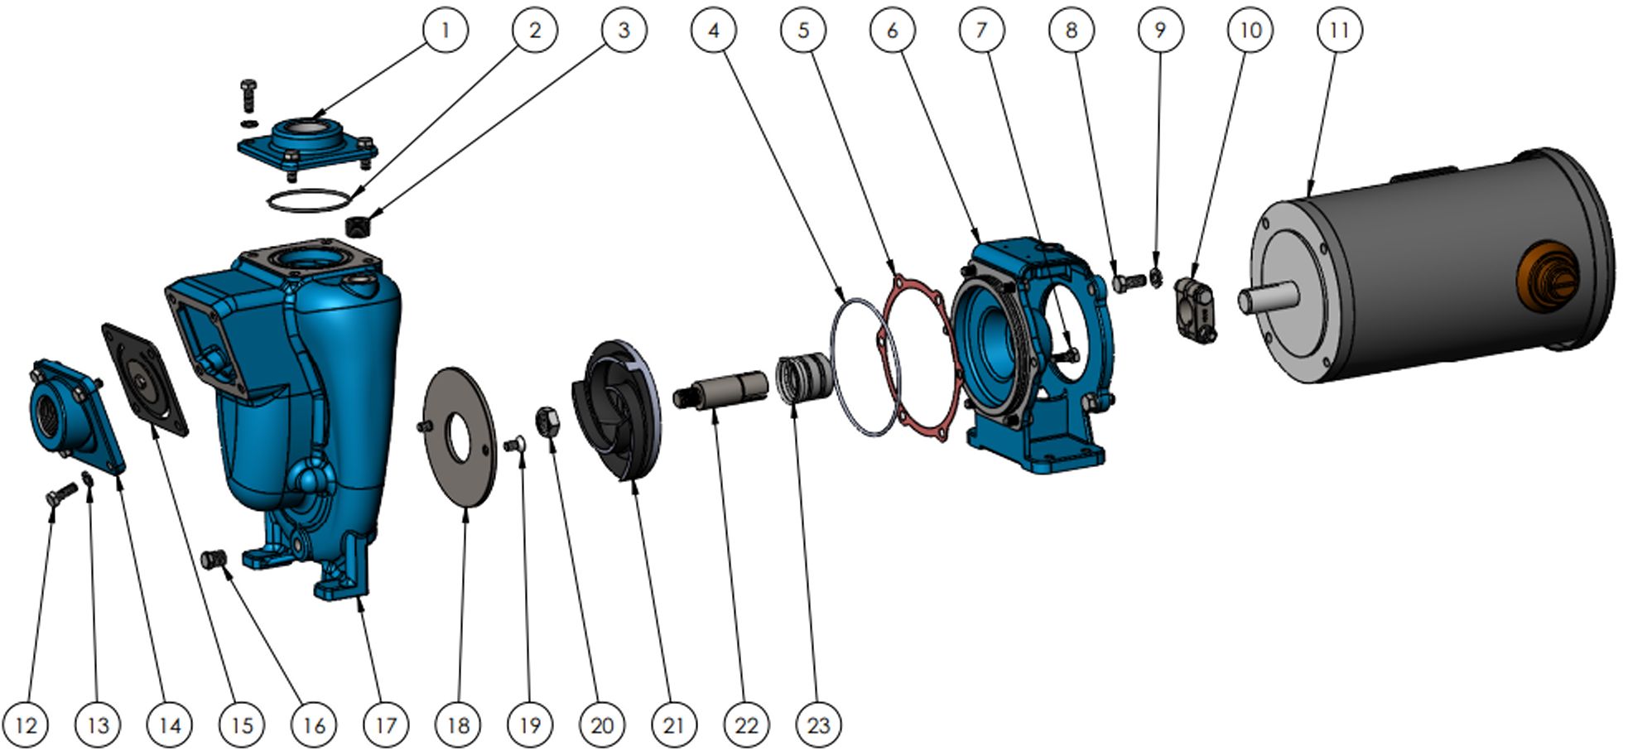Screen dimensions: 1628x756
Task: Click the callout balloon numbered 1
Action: [x=445, y=31]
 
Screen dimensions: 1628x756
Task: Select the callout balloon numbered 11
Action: [x=1339, y=31]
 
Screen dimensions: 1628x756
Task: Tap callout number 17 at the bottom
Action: [x=386, y=725]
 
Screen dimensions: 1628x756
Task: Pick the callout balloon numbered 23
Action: [x=818, y=725]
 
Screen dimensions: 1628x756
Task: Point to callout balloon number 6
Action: [x=892, y=31]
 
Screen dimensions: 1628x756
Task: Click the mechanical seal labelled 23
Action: [x=803, y=377]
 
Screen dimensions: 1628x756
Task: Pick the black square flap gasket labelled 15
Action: [x=144, y=379]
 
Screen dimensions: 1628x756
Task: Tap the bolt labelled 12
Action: [x=60, y=494]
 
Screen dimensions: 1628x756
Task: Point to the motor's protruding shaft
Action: [x=1268, y=297]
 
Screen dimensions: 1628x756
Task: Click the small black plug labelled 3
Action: [x=359, y=224]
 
